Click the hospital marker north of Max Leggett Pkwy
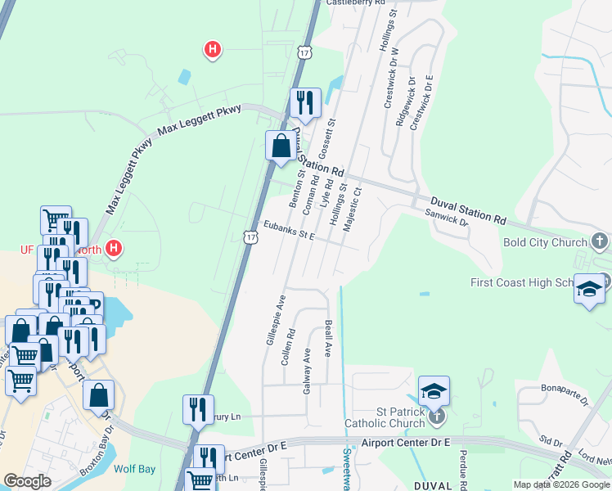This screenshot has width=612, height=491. (213, 51)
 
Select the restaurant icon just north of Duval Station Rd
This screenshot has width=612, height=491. (305, 103)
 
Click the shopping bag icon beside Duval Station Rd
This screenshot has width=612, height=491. (281, 146)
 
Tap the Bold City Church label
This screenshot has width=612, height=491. (541, 243)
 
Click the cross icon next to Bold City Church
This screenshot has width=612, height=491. (600, 241)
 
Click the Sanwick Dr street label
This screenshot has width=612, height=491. (447, 217)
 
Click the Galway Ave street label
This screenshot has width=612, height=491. (308, 370)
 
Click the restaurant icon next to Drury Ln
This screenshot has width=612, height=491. (198, 409)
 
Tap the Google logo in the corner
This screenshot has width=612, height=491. (27, 481)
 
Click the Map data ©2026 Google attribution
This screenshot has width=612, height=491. (561, 484)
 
